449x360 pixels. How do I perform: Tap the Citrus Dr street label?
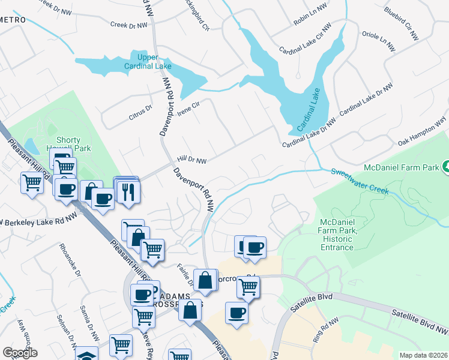[142, 112]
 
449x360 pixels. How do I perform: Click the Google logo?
[20, 353]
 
